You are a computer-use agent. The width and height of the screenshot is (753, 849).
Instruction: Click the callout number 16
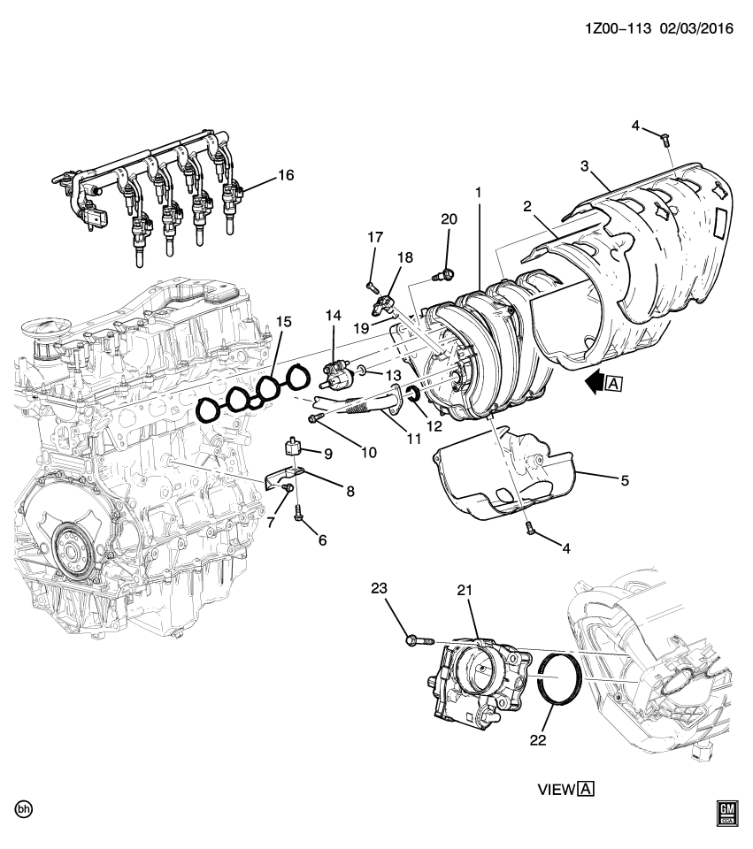click(285, 175)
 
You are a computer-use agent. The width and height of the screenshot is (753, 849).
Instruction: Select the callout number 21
click(466, 590)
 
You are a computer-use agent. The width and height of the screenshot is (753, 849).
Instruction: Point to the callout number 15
click(283, 323)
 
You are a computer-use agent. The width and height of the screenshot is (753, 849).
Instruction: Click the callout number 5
click(625, 481)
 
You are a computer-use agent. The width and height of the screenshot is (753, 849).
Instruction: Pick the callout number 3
click(585, 166)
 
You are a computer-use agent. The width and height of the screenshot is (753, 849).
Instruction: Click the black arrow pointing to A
click(595, 384)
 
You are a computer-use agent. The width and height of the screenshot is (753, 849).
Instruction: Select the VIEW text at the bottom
click(557, 790)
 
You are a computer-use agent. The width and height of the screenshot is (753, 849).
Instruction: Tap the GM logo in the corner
click(728, 813)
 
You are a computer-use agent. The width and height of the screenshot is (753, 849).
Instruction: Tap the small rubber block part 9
click(293, 446)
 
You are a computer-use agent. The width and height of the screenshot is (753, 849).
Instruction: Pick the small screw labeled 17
click(372, 285)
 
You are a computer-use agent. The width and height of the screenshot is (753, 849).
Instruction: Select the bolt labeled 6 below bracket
click(300, 511)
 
